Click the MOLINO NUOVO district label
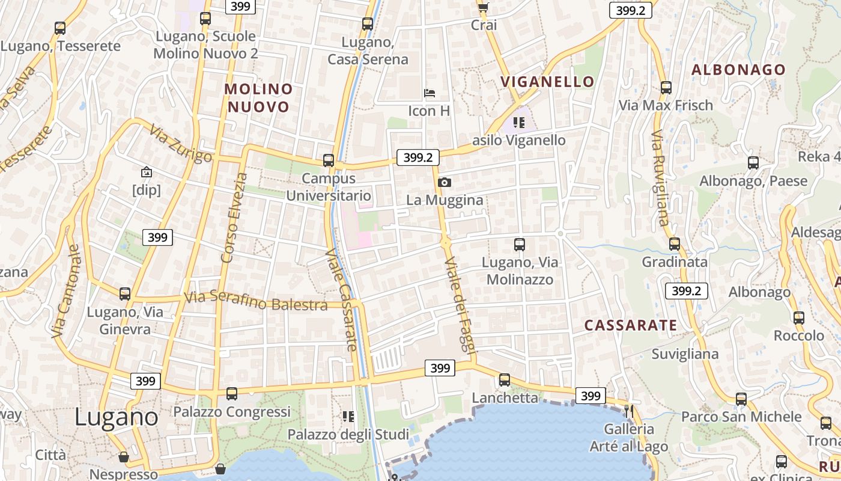258,98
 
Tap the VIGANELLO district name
547,82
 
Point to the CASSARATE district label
631,325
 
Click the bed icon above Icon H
430,93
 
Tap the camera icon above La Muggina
445,182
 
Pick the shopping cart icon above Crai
483,7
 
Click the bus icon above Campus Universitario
328,161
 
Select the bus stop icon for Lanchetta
505,380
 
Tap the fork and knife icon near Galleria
629,411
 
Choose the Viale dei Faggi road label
461,310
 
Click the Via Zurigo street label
181,144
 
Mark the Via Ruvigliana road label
660,178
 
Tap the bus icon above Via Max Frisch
666,88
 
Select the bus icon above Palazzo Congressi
232,394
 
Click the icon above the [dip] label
146,173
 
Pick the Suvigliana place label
685,354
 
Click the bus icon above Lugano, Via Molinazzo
520,245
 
